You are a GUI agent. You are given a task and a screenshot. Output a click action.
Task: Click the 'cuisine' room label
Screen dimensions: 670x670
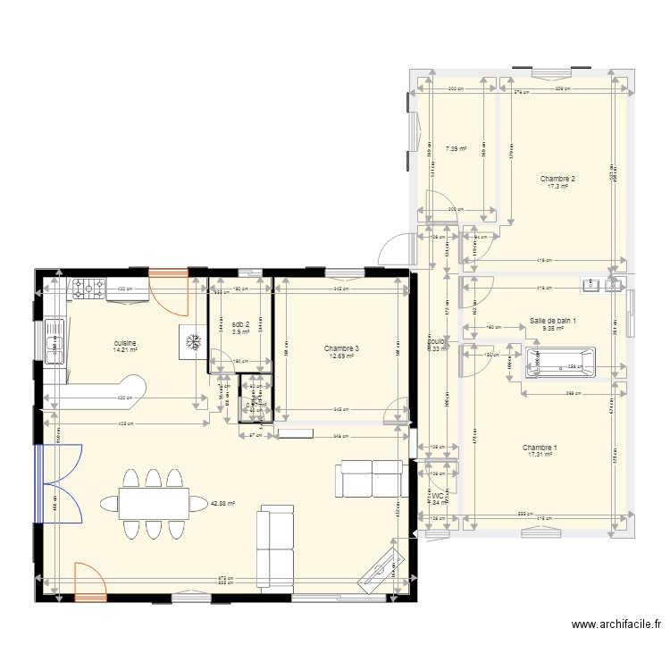(x=124, y=342)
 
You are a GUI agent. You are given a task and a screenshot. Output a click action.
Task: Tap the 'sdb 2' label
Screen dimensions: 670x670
(x=240, y=324)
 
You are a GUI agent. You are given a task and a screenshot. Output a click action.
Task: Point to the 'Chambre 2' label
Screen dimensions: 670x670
(x=557, y=179)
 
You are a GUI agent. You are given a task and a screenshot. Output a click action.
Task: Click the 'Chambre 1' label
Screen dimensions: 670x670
(x=540, y=448)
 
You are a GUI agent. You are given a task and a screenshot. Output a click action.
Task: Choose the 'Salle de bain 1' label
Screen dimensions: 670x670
(x=553, y=321)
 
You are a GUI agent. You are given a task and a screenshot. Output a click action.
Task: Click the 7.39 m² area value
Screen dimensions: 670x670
(x=456, y=150)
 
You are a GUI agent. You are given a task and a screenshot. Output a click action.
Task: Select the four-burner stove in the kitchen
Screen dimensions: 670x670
(x=89, y=289)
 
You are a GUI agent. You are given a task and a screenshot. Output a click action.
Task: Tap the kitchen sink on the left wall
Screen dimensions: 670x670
(x=53, y=340)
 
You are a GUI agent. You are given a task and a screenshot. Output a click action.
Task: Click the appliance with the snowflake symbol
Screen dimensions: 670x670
(x=192, y=340)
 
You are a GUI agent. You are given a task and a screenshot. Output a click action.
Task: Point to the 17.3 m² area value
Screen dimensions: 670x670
(x=557, y=187)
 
